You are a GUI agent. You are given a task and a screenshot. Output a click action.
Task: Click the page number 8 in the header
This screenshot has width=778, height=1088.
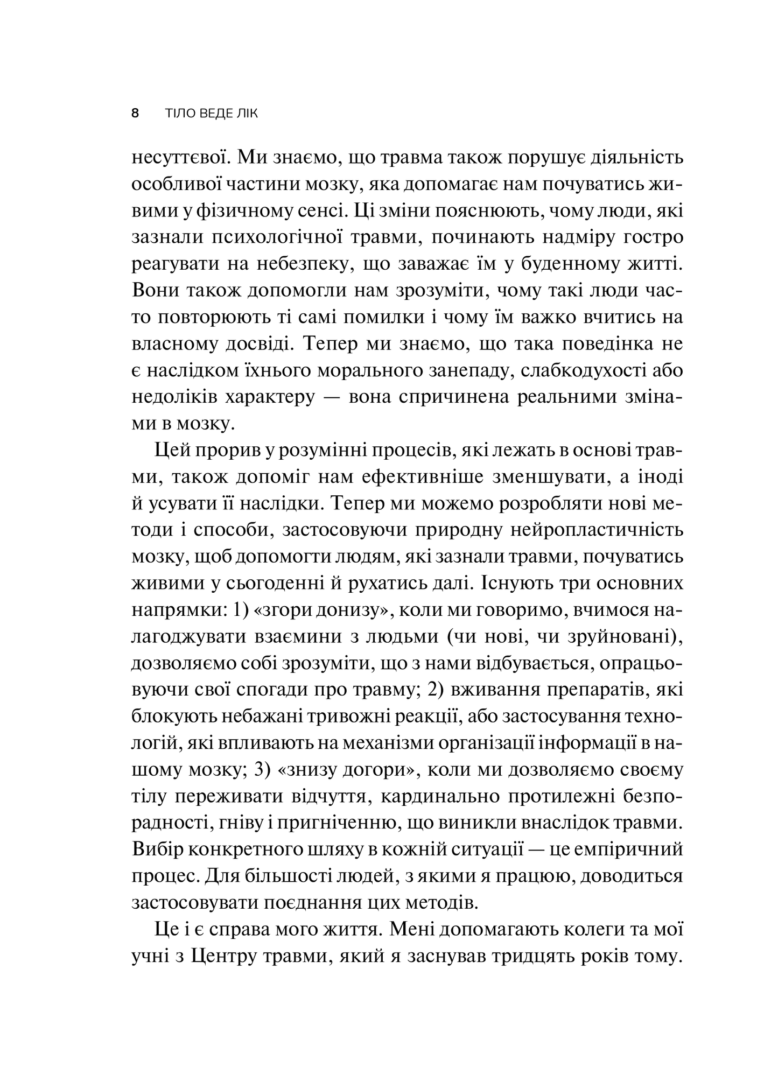[x=135, y=114]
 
